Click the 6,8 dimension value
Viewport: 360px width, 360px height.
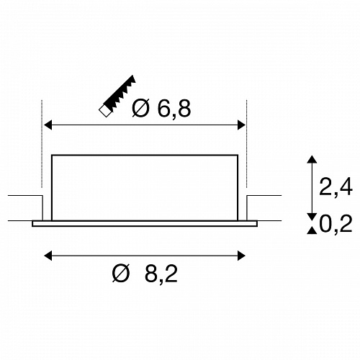pyautogui.click(x=174, y=109)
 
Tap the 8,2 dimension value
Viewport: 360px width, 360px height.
pyautogui.click(x=161, y=273)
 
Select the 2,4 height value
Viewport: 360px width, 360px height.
pyautogui.click(x=336, y=186)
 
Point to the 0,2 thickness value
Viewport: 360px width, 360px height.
pyautogui.click(x=336, y=223)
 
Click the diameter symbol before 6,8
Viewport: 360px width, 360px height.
pyautogui.click(x=140, y=109)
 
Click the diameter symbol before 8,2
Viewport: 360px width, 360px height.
pyautogui.click(x=121, y=273)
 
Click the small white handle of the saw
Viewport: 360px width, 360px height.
pyautogui.click(x=105, y=111)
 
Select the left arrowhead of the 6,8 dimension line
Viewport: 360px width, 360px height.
pyautogui.click(x=48, y=125)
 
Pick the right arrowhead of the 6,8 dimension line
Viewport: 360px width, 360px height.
pyautogui.click(x=241, y=125)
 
